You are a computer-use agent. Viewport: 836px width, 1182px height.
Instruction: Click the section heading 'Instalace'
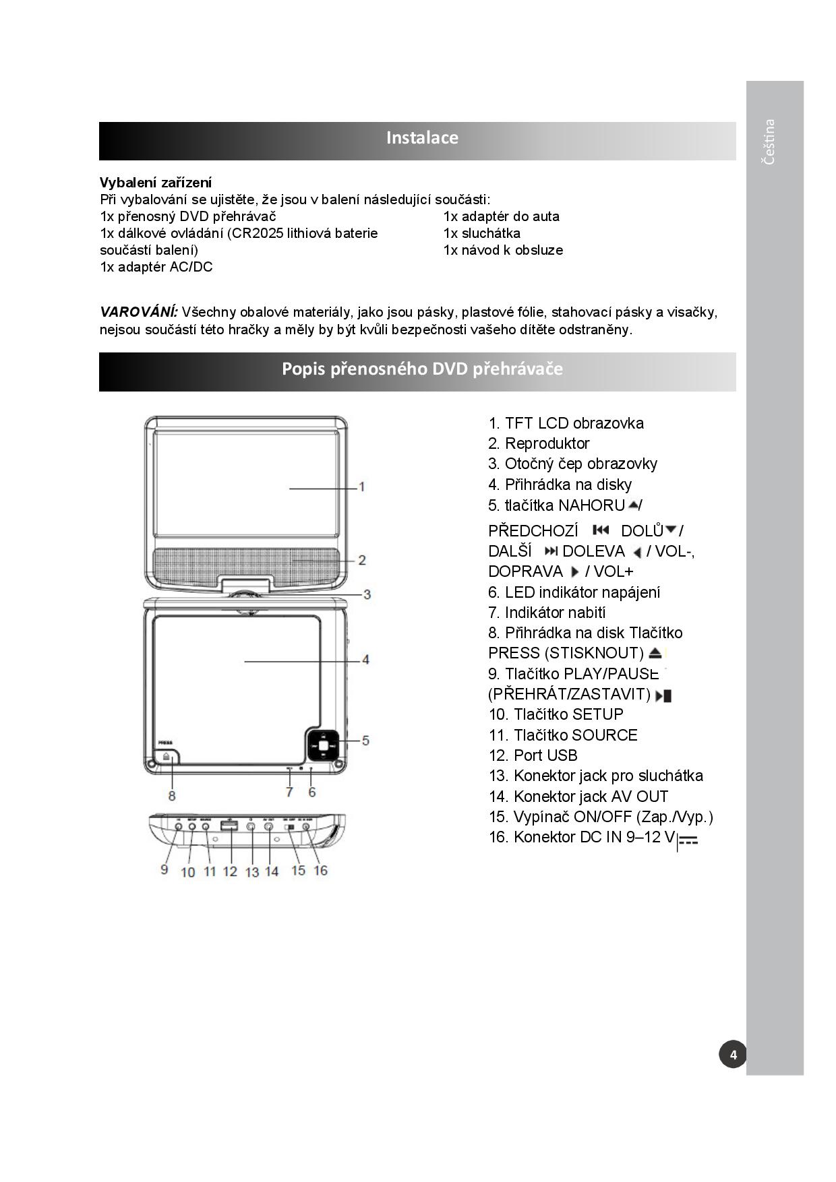(422, 138)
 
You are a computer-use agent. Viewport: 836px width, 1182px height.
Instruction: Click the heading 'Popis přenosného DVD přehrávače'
(422, 369)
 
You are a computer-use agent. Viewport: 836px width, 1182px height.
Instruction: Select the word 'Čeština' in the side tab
(769, 142)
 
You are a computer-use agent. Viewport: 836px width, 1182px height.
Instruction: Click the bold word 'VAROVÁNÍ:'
(139, 312)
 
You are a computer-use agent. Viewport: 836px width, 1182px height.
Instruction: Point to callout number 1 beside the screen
(362, 487)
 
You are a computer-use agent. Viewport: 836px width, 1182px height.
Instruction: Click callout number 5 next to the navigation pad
(365, 741)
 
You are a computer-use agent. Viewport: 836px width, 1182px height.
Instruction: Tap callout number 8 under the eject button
(172, 796)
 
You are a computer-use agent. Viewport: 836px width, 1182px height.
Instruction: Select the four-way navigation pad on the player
(324, 745)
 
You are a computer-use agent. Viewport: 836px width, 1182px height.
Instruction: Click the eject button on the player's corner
(167, 757)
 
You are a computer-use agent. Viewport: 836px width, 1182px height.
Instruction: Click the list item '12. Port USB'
(533, 755)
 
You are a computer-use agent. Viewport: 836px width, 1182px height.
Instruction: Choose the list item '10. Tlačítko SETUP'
(556, 714)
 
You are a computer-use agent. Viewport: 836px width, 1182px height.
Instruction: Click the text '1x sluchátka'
(482, 233)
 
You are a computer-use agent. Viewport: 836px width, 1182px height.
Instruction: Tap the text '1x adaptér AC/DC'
(156, 267)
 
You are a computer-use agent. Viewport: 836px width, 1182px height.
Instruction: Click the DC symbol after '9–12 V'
(688, 840)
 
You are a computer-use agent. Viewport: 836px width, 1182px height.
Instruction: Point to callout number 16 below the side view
(320, 871)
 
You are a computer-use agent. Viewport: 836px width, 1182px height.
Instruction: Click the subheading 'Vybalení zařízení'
(156, 183)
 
